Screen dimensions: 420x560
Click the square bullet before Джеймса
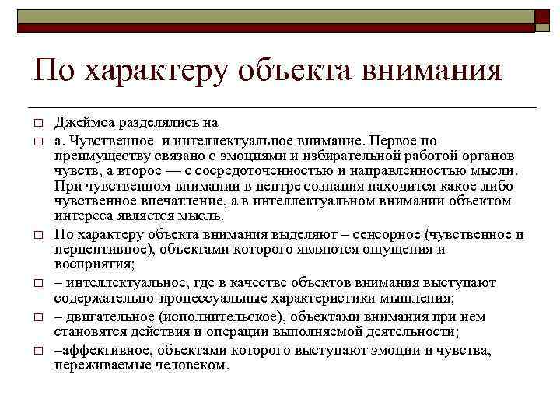37,124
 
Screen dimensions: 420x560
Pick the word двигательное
107,317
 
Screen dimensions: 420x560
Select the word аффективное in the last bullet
94,351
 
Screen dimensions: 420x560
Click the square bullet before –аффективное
37,352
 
